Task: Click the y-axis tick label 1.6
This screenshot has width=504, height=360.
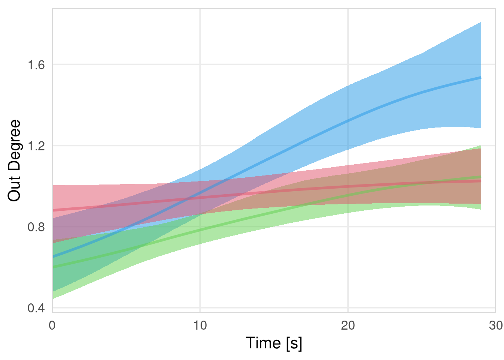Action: point(36,65)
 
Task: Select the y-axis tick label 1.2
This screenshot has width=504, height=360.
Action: point(36,146)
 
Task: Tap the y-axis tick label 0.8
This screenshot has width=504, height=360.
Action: point(36,227)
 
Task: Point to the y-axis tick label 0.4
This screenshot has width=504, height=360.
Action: point(36,308)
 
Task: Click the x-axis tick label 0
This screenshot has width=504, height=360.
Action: point(52,325)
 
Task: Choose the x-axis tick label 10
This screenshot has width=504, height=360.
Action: point(200,325)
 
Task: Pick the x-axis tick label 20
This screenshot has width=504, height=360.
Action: point(348,325)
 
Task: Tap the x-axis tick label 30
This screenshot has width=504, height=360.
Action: point(496,325)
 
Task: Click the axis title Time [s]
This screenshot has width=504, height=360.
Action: point(274,343)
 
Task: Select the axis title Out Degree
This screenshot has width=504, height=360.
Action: point(14,160)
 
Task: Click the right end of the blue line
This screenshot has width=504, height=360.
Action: point(481,78)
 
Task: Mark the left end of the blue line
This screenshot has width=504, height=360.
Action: point(53,257)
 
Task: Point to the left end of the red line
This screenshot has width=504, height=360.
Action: point(53,210)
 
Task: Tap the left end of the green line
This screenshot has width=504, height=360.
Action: point(53,267)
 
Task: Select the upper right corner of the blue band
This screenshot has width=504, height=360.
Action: point(481,22)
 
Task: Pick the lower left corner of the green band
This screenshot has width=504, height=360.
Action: point(53,298)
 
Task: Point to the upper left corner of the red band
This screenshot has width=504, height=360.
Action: point(53,186)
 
